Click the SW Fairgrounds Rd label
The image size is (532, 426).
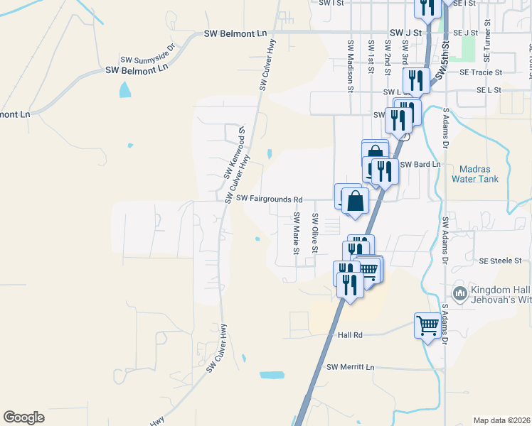click(270, 199)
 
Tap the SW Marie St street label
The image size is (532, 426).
click(295, 233)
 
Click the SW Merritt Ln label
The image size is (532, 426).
click(350, 366)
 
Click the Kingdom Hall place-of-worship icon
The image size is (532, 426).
click(459, 293)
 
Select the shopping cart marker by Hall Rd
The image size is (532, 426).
click(428, 326)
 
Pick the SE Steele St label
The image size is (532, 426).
click(501, 261)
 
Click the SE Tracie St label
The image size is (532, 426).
click(481, 72)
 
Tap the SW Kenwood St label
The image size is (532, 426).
click(233, 153)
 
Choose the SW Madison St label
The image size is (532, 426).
click(351, 65)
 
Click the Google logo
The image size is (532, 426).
click(23, 417)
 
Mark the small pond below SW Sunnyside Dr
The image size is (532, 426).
click(125, 89)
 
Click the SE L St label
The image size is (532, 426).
click(489, 91)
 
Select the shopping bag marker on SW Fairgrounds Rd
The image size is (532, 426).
click(354, 201)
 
